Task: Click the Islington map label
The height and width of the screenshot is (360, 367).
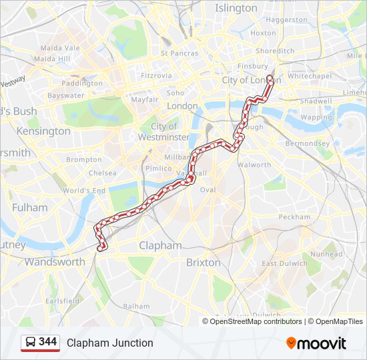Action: coord(236,8)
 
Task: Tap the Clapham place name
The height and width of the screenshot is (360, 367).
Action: coord(160,245)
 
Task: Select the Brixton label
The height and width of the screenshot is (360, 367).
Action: coord(204,262)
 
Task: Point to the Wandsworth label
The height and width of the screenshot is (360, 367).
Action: coord(55,262)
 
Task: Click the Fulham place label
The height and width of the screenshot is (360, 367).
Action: coord(30,207)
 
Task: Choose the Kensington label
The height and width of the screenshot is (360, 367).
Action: coord(43,131)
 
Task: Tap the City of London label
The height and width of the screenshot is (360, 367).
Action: coord(252,80)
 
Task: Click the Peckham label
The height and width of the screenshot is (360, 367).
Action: coord(294,217)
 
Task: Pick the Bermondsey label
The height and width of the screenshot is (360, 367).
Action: coord(308,143)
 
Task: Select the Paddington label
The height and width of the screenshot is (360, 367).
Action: coord(82,83)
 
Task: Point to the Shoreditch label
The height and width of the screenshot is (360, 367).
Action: coord(275,51)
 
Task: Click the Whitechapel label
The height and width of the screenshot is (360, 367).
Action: coord(310,76)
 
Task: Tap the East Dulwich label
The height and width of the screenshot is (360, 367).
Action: coord(284,263)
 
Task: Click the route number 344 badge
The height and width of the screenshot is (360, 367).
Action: coord(47,342)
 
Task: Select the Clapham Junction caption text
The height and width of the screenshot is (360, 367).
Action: coord(110,343)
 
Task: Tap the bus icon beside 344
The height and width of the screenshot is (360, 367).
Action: coord(31,343)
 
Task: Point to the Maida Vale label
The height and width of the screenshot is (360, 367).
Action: coord(60,48)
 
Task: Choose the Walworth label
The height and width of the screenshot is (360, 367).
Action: coord(254,165)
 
